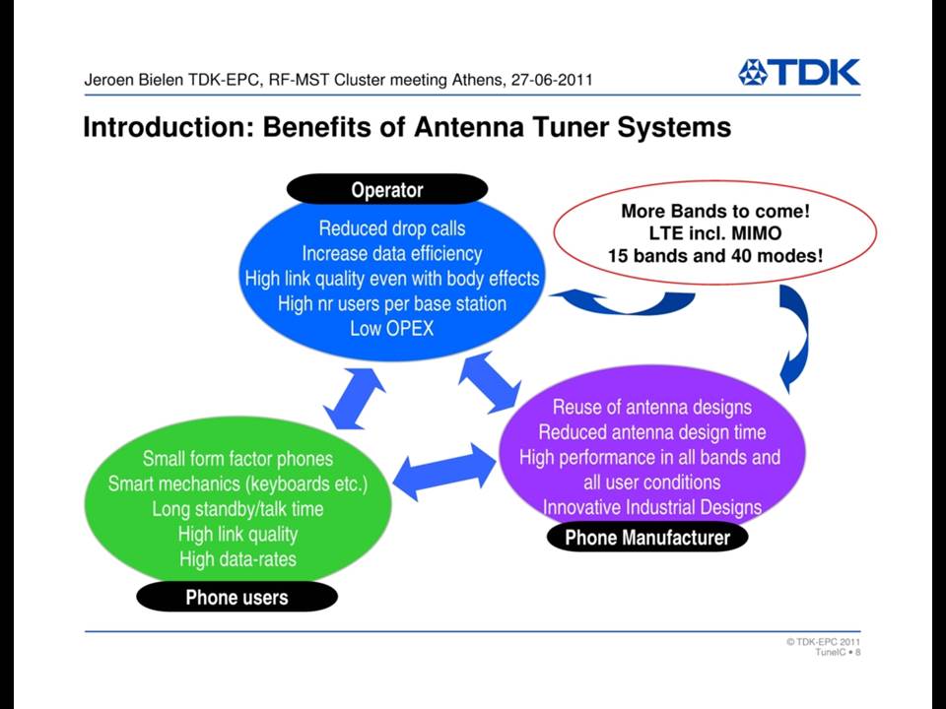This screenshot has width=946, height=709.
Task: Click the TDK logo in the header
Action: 799,72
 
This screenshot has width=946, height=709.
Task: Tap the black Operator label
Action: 386,190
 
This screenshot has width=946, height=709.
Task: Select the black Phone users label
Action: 236,597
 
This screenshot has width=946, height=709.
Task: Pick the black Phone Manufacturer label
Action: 647,537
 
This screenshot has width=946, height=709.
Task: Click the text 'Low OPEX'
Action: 392,329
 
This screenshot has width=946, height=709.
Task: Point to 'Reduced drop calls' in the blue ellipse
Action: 392,228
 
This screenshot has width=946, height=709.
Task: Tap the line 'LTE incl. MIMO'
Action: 715,233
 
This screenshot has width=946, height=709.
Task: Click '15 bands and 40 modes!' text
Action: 715,256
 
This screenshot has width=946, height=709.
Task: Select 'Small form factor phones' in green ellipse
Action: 237,459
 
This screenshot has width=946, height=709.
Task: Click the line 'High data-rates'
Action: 237,559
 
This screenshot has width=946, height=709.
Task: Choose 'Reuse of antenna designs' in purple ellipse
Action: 652,407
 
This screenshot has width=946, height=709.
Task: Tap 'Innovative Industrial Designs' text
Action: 652,507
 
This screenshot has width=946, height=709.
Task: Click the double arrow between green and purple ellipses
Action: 444,472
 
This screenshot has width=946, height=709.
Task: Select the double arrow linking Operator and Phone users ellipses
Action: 354,399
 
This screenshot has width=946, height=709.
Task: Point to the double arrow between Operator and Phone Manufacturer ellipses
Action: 490,382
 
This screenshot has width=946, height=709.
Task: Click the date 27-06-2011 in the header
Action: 552,80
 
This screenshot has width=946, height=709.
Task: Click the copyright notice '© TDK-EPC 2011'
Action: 823,641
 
